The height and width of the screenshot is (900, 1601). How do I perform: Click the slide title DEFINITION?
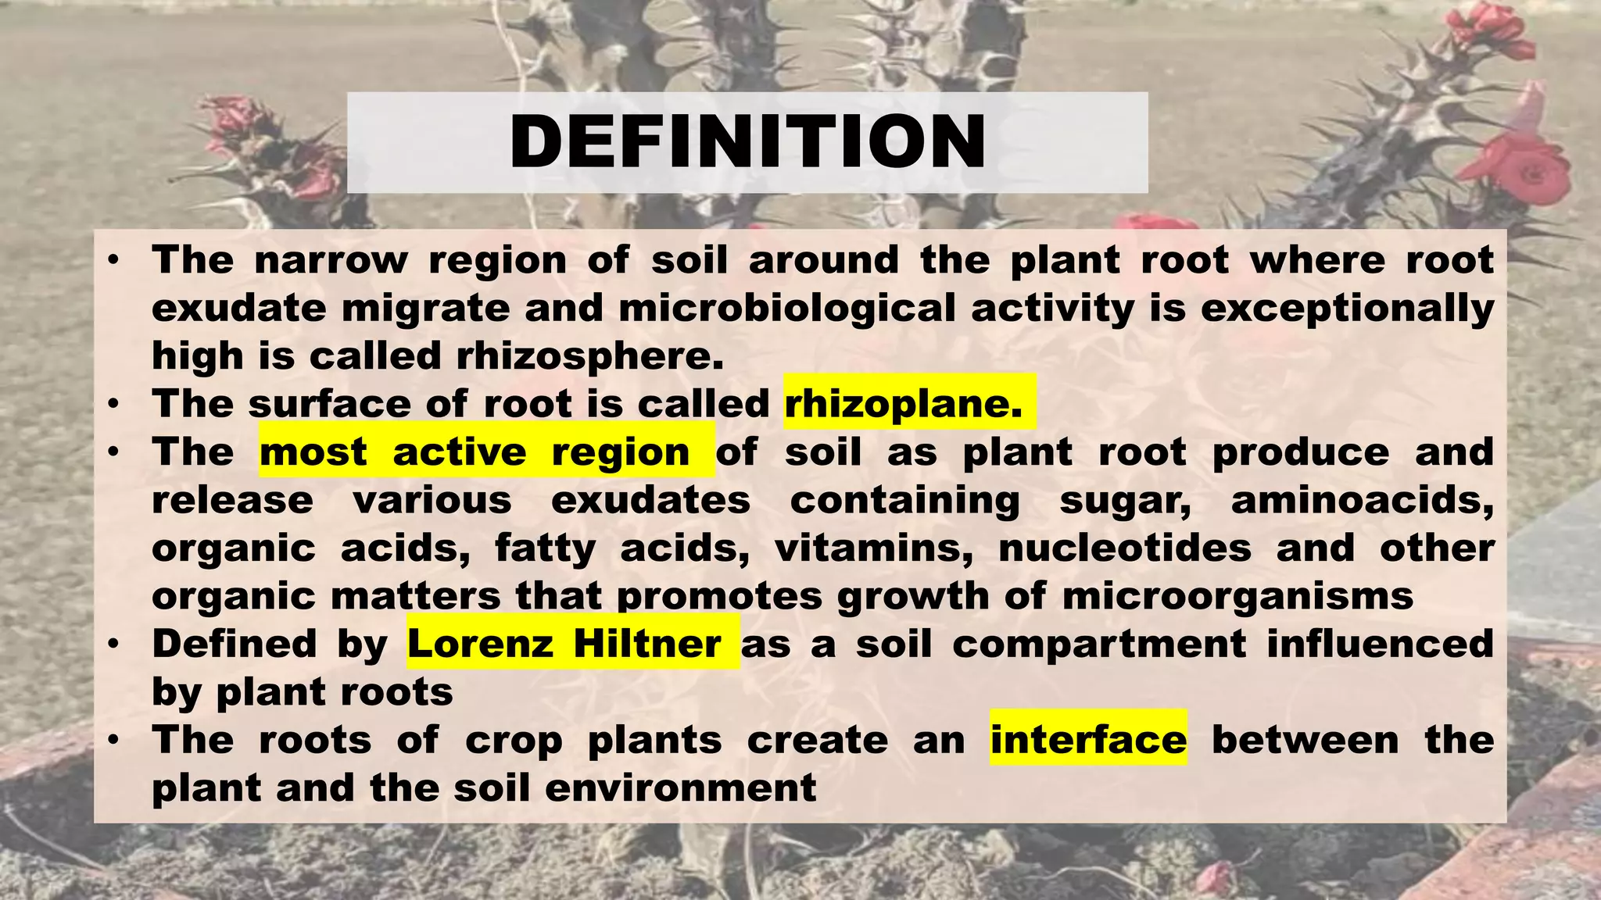tap(747, 142)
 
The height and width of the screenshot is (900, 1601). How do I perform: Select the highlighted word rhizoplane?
tap(903, 404)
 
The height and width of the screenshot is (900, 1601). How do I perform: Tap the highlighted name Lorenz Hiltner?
tap(564, 644)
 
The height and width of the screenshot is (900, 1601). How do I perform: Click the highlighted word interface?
tap(1088, 739)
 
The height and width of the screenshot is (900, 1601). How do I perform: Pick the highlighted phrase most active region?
tap(475, 452)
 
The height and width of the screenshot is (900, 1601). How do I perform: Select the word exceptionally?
tap(1347, 308)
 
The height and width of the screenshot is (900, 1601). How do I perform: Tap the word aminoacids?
tap(1362, 500)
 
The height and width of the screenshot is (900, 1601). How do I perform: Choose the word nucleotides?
tap(1125, 548)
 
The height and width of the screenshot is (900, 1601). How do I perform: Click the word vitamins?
tap(874, 548)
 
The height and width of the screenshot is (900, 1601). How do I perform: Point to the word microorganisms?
tap(1237, 596)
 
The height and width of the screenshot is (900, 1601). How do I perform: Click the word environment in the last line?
tap(680, 787)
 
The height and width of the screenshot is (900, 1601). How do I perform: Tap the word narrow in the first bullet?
tap(331, 259)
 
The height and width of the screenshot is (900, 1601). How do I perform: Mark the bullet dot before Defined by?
tap(114, 644)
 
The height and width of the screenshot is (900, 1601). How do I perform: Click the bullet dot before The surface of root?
tap(114, 404)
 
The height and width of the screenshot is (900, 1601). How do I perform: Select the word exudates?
tap(650, 500)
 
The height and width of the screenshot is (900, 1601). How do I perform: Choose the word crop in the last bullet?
tap(514, 740)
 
